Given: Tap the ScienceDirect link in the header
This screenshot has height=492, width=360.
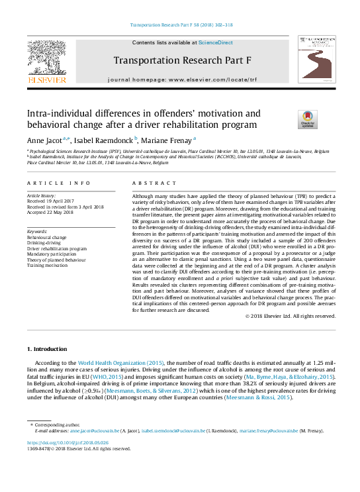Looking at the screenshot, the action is pos(216,42).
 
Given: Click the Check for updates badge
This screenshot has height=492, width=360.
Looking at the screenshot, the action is pos(307,119).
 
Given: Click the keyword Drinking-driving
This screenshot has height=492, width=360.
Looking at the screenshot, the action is pos(45,242).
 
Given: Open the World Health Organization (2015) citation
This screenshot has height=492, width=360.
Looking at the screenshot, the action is pos(121,363).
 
